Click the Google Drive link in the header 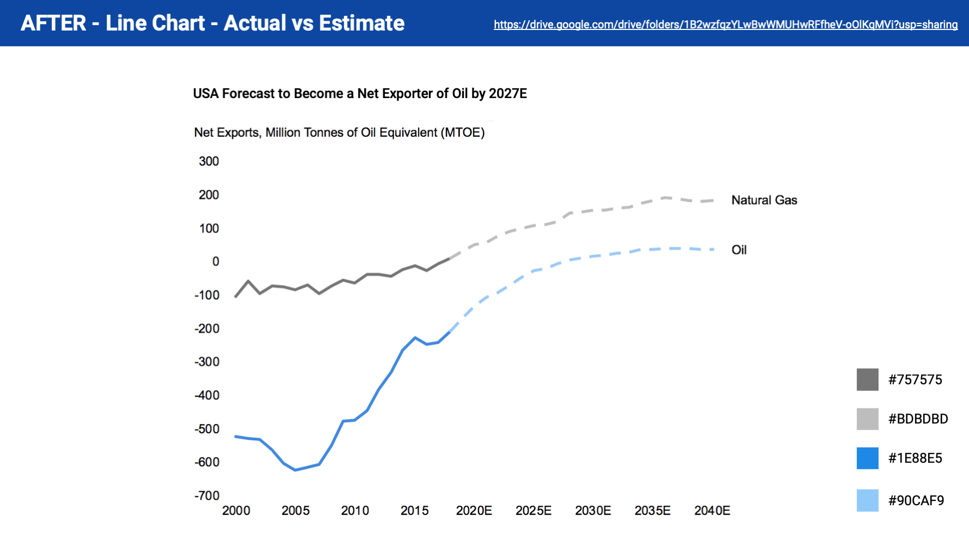725,25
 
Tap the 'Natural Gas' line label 764,200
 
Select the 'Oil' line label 739,250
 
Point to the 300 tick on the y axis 209,161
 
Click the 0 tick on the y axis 216,262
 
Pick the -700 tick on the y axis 207,495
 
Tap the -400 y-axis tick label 207,395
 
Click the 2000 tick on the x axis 236,511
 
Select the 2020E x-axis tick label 474,511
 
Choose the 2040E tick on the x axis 712,511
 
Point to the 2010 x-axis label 355,511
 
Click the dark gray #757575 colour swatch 867,379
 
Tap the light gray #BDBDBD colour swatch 867,419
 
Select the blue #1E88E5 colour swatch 867,458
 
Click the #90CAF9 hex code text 916,500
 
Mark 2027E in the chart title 508,94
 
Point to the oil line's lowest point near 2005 295,470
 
